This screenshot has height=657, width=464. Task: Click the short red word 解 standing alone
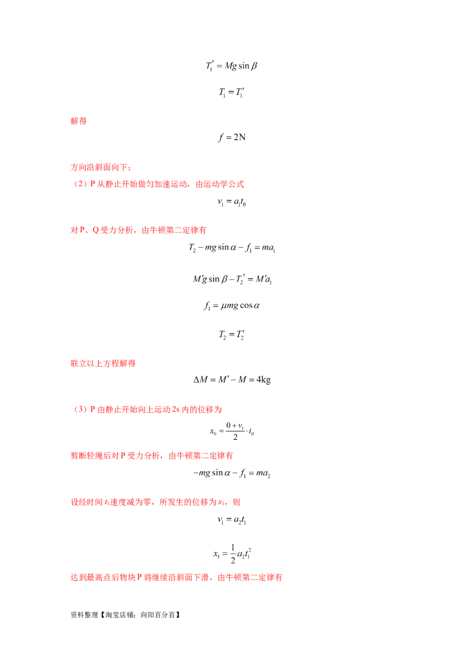78,121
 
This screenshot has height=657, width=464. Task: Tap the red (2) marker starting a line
80,410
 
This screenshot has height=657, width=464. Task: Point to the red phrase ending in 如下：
101,168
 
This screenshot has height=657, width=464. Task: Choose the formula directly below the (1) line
232,202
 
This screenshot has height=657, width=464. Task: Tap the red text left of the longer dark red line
103,364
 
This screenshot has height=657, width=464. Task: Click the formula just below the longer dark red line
232,381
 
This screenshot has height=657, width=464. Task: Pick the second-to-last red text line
155,501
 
